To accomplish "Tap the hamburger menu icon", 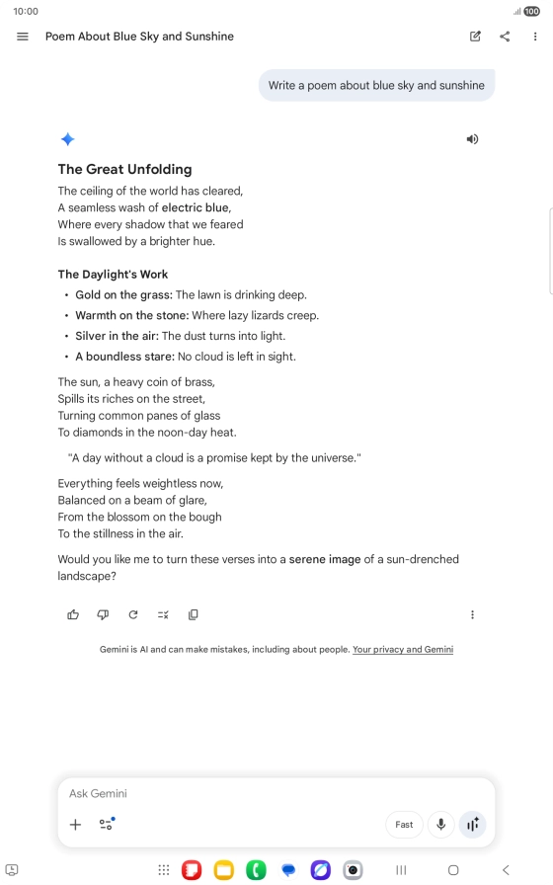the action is coord(23,37).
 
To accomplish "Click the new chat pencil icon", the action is coord(475,37).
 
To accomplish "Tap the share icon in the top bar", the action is coord(505,37).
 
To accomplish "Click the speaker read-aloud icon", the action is coord(472,139).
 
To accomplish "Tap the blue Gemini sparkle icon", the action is coord(67,139).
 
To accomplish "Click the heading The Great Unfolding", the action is coord(124,169).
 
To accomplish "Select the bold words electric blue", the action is coord(196,207).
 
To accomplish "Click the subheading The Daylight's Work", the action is coord(113,274).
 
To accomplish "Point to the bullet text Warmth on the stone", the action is coord(131,315).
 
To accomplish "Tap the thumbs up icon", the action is coord(73,614).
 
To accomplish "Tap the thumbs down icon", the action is coord(103,614).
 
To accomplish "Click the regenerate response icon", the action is coord(133,614).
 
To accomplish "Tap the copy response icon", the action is coord(194,614).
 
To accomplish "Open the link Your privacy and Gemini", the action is coord(403,650).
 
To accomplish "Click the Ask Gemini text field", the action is coord(217,793).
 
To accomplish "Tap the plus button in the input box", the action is coord(75,825).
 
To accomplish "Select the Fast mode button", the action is coord(404,825).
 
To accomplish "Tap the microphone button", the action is coord(440,825).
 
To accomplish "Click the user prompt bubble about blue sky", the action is coord(376,85).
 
